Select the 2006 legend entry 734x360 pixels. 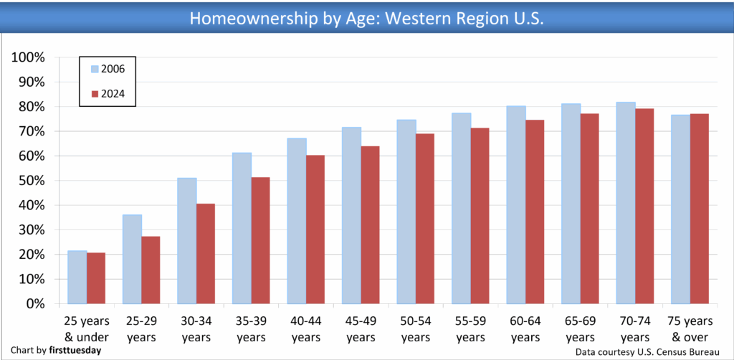[108, 69]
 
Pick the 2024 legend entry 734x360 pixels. [108, 93]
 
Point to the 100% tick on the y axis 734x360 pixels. [29, 57]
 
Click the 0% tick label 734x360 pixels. [34, 304]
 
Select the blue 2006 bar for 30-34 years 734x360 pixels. [186, 241]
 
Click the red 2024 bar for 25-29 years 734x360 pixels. [151, 270]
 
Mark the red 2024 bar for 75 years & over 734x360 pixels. [699, 209]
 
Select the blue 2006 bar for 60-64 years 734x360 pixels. [516, 205]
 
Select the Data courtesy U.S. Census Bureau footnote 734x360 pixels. [647, 352]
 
